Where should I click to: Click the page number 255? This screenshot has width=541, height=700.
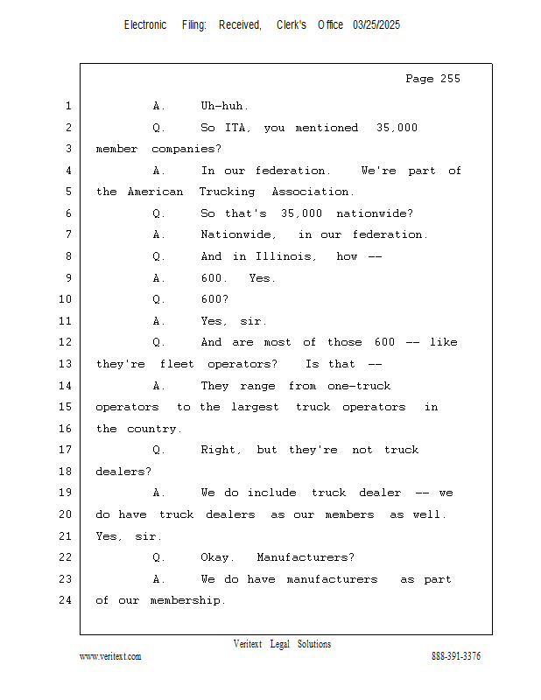coord(450,79)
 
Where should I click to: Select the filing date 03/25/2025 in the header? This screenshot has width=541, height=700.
coord(376,25)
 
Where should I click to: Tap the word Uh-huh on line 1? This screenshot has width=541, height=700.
coord(224,106)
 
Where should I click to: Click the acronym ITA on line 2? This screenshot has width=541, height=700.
coord(237,128)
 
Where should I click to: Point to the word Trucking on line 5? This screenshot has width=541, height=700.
coord(227,192)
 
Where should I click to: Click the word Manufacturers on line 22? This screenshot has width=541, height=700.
coord(306,557)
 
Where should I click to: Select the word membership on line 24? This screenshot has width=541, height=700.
coord(187,600)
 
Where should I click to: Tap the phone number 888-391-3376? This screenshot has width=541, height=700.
coord(456,655)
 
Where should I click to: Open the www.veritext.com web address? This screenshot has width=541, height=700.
coord(110,656)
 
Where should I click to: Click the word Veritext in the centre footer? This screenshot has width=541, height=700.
coord(248,644)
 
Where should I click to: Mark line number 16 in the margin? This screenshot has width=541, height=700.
coord(66,429)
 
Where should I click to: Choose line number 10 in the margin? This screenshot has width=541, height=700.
coord(66,299)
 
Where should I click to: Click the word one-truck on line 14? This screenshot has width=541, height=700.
coord(359,386)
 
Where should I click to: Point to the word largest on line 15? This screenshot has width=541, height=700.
coord(255,408)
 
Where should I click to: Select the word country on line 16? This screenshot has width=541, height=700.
coord(154,429)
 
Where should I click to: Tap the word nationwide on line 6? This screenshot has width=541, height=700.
coord(375,213)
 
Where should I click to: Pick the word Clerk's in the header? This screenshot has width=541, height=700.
coord(292,25)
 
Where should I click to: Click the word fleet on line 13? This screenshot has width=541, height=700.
coord(177,364)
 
